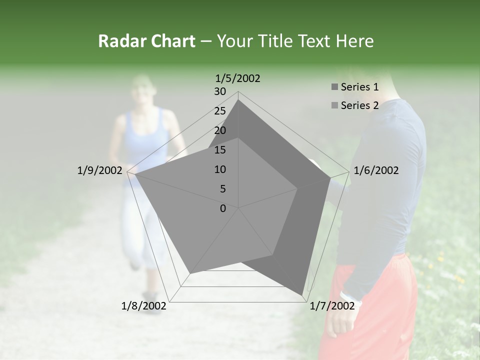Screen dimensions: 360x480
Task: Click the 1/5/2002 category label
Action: point(238,78)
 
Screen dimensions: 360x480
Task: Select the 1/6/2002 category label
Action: point(376,170)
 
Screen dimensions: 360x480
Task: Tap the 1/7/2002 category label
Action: point(332,306)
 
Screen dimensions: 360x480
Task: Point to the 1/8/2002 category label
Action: point(144,306)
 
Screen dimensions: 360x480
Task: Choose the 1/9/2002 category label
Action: point(99,170)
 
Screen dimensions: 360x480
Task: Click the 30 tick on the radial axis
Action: point(220,91)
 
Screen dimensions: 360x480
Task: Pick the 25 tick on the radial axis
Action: point(220,111)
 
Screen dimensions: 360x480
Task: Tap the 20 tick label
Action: point(220,130)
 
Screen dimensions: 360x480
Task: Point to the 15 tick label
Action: point(220,150)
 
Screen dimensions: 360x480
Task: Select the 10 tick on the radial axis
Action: point(220,169)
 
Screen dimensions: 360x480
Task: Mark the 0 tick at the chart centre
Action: point(223,208)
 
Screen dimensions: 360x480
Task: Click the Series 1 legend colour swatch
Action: point(334,87)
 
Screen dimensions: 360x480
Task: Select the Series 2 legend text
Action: point(359,105)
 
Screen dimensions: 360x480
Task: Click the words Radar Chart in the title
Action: point(146,41)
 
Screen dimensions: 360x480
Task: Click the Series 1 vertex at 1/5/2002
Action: point(238,100)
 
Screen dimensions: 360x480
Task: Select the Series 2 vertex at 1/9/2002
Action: point(135,174)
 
